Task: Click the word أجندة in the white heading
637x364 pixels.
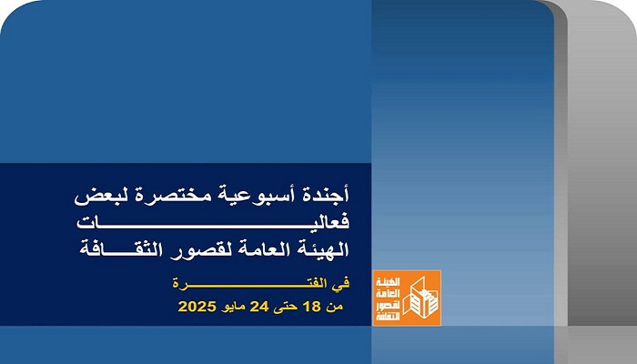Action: point(327,195)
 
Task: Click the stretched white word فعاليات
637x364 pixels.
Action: point(213,222)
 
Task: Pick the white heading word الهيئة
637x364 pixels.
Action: point(322,248)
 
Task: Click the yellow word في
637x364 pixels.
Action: point(341,284)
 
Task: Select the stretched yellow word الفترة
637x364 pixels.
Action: point(249,283)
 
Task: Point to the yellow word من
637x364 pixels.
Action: point(335,307)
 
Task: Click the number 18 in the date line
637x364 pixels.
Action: point(311,307)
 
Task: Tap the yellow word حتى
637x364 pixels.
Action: point(286,307)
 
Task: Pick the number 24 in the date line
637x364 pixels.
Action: point(259,307)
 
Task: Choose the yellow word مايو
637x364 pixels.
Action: point(233,308)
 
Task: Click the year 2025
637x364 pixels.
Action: point(197,307)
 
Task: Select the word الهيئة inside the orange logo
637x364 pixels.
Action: point(388,282)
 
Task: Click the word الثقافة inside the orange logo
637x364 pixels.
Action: point(388,316)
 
